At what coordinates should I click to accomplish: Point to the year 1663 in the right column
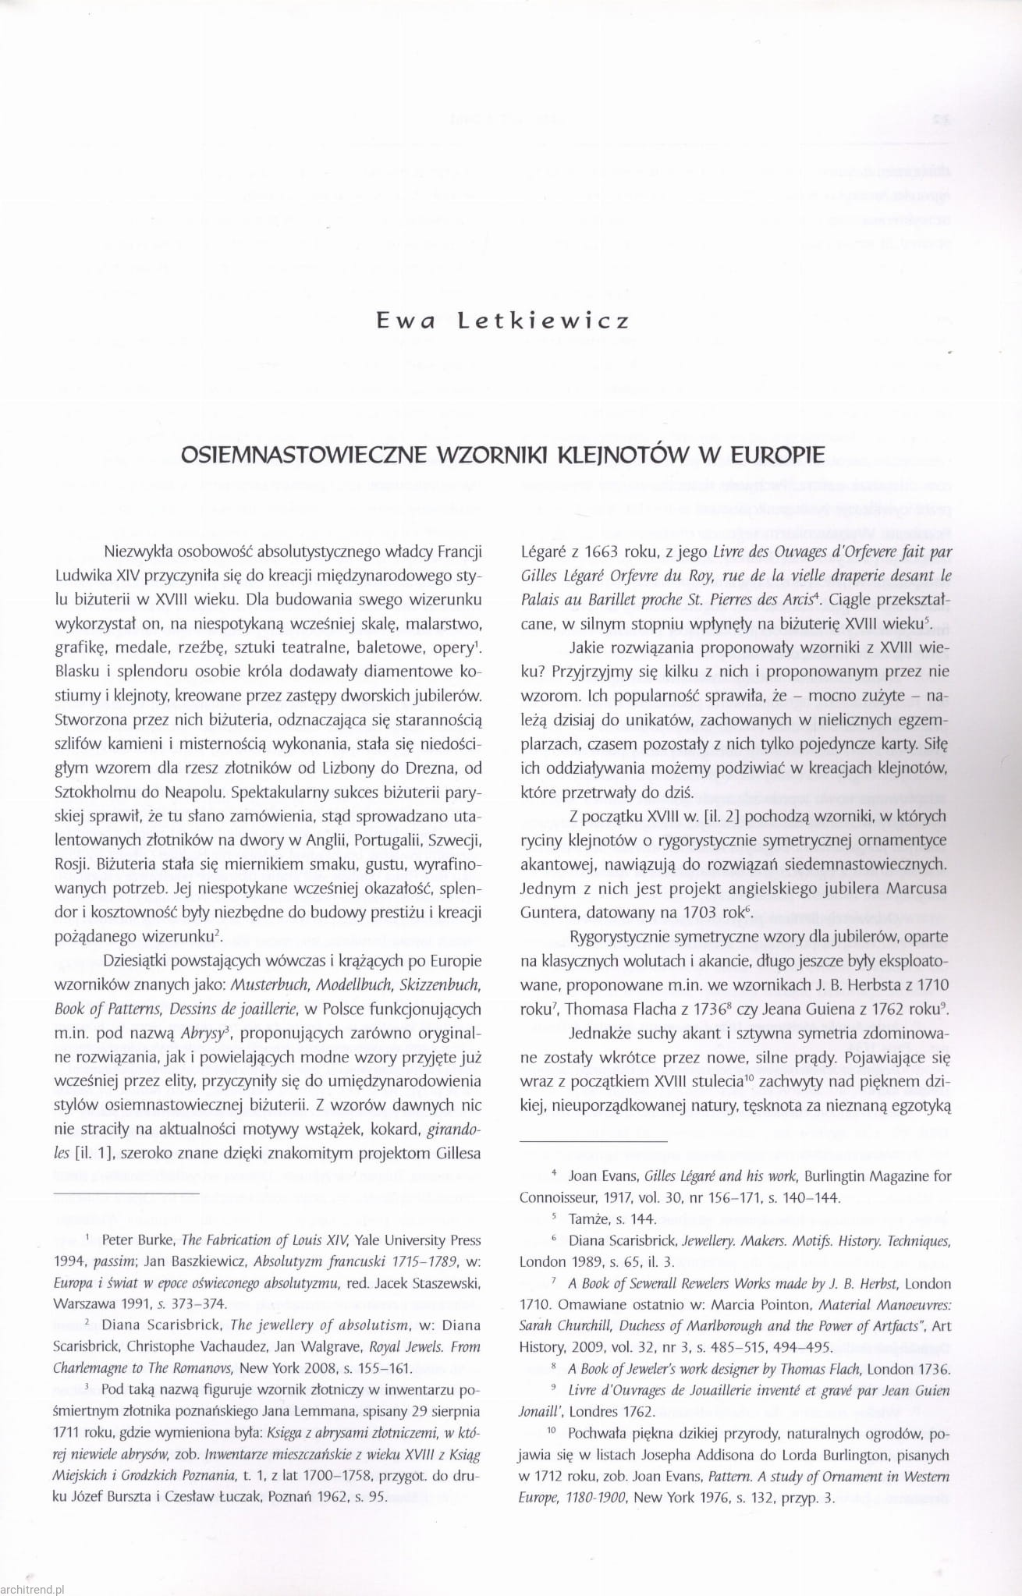596,552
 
